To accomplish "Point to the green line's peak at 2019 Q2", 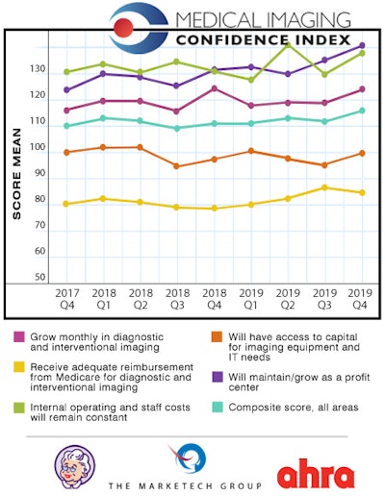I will coord(288,43).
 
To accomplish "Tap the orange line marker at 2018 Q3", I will coord(176,166).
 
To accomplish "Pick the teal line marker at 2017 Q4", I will coord(66,126).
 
